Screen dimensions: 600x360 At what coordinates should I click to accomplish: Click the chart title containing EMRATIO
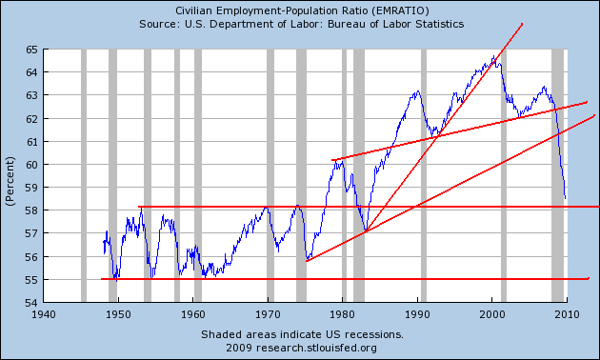coord(302,10)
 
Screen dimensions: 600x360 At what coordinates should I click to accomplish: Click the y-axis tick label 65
coord(31,50)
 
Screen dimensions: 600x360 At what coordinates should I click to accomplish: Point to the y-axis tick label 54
coord(31,302)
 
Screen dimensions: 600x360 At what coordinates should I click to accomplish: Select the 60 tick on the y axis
coord(31,165)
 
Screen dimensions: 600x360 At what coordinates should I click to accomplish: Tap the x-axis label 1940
coord(43,315)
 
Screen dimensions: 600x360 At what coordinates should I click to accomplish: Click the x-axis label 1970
coord(268,315)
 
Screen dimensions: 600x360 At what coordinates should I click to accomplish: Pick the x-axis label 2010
coord(567,315)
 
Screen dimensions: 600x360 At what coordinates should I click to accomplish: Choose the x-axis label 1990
coord(417,315)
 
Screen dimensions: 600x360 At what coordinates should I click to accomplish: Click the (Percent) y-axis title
coord(10,181)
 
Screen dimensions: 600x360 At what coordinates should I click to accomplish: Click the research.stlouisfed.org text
coord(316,348)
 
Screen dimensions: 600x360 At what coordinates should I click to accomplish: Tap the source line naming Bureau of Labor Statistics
coord(302,24)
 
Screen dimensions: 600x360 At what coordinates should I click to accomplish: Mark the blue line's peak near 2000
coord(494,56)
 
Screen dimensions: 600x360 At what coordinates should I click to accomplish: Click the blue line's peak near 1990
coord(418,90)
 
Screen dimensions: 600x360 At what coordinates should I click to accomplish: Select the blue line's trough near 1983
coord(366,231)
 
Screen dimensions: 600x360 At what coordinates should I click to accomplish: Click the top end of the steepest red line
coord(522,25)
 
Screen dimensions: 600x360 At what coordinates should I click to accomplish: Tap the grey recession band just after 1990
coord(424,175)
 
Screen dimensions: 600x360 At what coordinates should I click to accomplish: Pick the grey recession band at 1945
coord(84,175)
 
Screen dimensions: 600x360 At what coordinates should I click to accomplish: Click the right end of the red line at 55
coord(589,278)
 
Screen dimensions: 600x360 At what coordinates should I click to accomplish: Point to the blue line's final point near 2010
coord(566,198)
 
